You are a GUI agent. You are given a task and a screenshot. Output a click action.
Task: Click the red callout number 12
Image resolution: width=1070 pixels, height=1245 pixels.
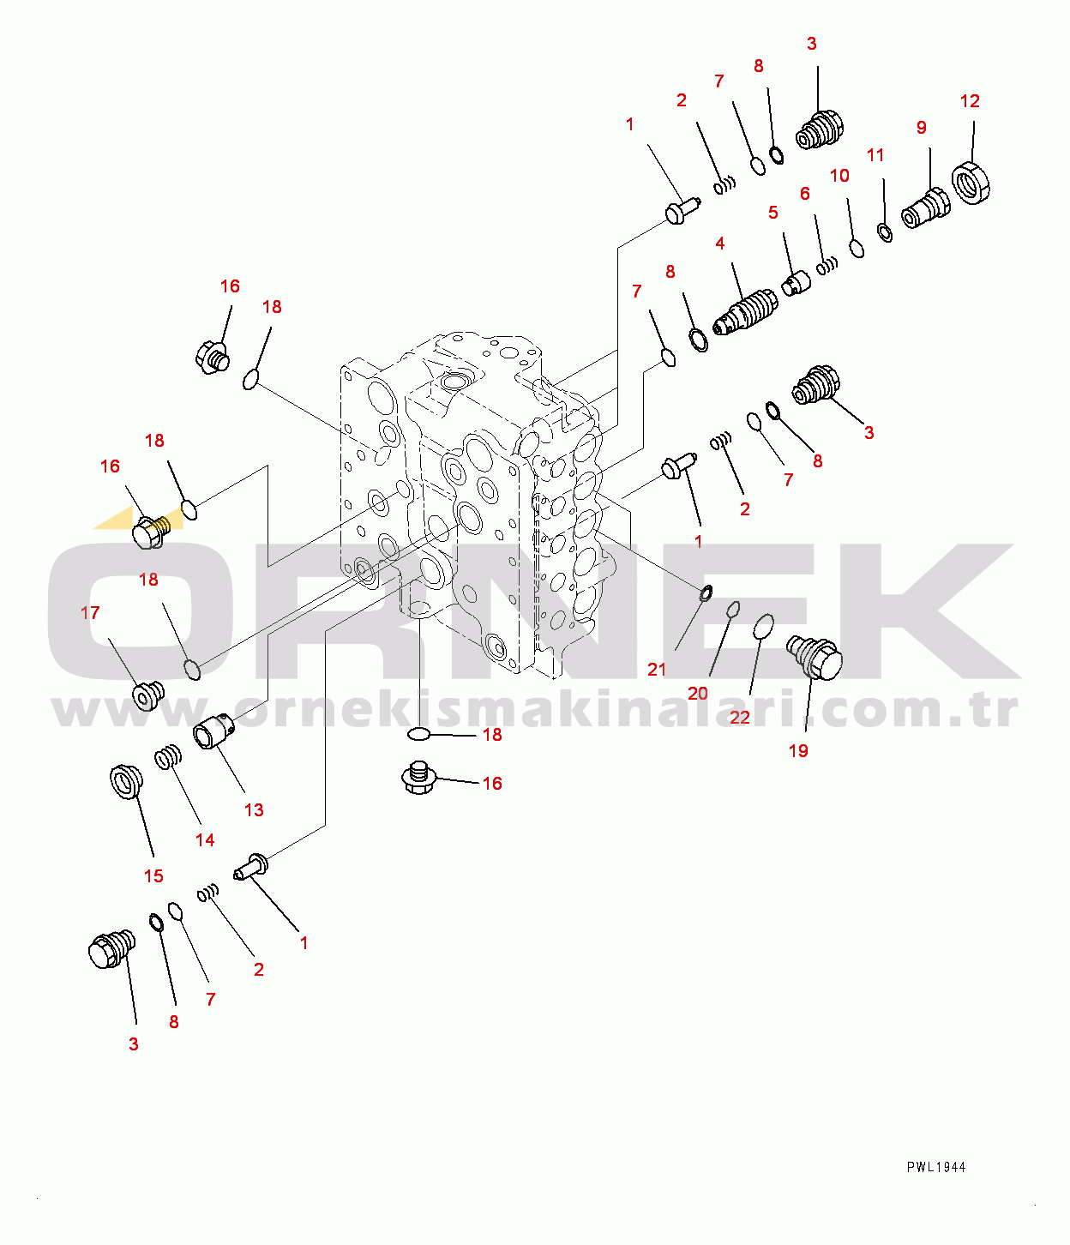coord(970,101)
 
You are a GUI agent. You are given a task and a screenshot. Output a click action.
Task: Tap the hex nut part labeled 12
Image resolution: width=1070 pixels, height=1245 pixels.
coord(971,183)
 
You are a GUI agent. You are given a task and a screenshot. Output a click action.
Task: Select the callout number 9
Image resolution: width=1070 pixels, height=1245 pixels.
coord(922,128)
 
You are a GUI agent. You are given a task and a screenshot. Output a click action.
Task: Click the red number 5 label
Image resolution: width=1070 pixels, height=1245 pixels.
coord(773,213)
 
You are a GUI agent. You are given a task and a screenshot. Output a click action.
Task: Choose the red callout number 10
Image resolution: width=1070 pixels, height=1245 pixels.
coord(839,176)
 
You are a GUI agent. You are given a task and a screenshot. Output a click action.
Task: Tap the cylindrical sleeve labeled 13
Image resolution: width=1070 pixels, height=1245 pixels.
coord(213,730)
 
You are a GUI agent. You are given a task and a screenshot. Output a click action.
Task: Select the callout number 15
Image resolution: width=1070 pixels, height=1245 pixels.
coord(153,875)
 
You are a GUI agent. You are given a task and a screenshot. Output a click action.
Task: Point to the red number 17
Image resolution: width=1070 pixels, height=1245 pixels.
coord(90,613)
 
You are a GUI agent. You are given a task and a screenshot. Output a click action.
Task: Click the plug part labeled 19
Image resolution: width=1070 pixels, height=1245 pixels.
coord(815,658)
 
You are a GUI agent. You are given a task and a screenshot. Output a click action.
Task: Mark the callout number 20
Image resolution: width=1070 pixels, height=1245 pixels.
coord(697,694)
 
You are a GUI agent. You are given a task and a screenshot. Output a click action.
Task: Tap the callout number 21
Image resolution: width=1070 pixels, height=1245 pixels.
coord(657,669)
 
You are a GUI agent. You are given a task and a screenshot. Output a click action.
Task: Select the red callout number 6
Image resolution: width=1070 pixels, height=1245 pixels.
coord(805,194)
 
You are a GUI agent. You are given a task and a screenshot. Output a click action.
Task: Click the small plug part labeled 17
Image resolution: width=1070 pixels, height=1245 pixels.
coord(147,695)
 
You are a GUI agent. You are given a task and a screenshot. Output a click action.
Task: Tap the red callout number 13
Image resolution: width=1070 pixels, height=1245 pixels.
coord(254,810)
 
